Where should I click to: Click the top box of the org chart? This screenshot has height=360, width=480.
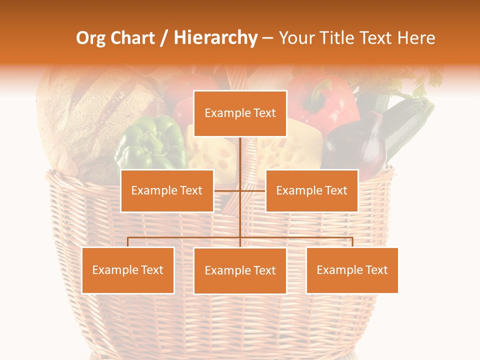[240, 113]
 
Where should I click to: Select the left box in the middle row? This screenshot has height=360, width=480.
[167, 190]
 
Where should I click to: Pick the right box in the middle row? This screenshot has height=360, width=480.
[311, 190]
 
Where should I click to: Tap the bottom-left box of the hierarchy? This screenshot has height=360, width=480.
[128, 270]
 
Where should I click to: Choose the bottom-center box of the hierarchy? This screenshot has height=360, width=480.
[240, 270]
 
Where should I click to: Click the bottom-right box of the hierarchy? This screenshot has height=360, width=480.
[352, 270]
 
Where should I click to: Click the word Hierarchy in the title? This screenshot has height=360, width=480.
[215, 38]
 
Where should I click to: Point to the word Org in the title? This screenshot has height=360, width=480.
[90, 38]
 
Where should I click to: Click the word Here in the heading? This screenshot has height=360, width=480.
[416, 38]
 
